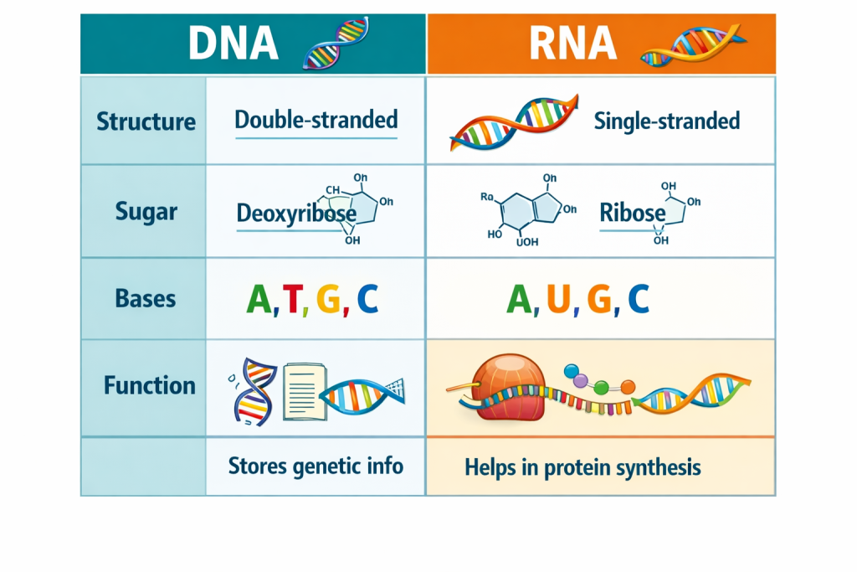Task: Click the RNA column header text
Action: coord(573,45)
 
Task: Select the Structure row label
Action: coord(146,121)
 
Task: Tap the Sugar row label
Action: coord(146,211)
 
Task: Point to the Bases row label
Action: coord(146,299)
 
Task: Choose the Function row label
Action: coord(149,385)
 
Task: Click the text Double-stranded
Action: coord(316,120)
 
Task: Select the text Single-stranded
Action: coord(666,121)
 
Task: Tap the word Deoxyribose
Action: coord(296,213)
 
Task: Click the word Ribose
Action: coord(633,213)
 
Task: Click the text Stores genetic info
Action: coord(316,466)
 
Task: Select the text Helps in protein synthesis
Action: coord(582,467)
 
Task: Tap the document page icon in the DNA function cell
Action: coord(302,391)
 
